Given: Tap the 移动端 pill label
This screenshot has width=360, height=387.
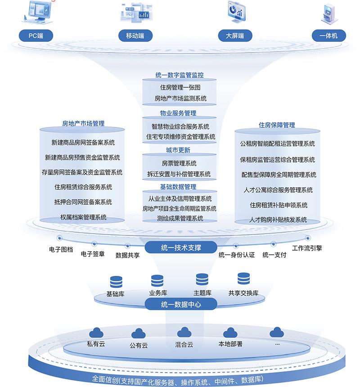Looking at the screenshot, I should coord(135,35).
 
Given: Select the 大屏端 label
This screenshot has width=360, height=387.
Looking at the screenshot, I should coord(234,35).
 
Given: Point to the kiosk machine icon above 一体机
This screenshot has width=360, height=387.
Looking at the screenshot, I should coord(329,13).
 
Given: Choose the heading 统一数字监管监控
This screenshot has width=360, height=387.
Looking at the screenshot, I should coord(180,76).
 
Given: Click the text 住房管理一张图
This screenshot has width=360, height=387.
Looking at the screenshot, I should coord(180,87).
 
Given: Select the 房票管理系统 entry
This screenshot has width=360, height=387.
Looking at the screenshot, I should coord(179,163).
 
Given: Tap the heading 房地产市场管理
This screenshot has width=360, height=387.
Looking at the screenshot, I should coord(83,123).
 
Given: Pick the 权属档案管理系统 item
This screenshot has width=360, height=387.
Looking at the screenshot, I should coord(83,217).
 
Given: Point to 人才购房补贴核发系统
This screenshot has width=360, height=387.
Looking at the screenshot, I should coord(278,220).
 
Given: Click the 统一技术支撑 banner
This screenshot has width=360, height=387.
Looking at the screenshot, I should coord(180,247).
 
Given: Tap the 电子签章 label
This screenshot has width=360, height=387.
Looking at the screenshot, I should coord(93,254).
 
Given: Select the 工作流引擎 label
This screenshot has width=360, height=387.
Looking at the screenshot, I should coord(307,248).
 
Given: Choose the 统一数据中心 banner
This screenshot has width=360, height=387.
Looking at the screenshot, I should coord(180,304).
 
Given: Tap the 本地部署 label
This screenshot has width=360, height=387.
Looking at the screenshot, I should coord(230,344).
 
